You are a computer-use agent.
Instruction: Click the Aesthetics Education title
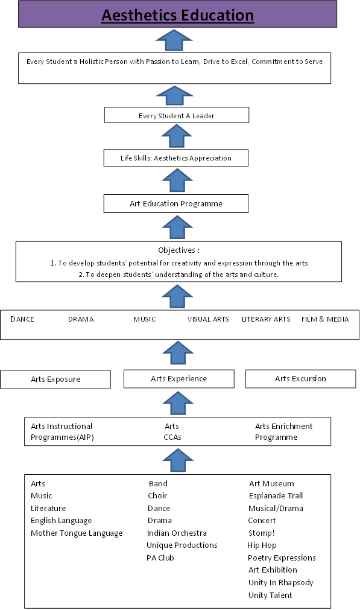tap(178, 16)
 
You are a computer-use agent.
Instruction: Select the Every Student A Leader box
tap(177, 115)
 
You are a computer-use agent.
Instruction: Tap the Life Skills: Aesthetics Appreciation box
tap(175, 158)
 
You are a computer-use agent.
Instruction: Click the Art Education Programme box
tap(175, 203)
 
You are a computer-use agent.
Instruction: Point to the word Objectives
tap(177, 250)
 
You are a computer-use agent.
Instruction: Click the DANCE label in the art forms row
tap(22, 319)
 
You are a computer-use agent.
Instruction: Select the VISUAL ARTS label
tap(208, 319)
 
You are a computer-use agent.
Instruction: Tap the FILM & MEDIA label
tap(325, 319)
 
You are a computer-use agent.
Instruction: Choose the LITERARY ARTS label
tap(266, 319)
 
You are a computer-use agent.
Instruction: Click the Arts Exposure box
tap(55, 380)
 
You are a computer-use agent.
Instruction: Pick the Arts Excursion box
tap(300, 378)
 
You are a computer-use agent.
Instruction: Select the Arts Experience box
tap(179, 378)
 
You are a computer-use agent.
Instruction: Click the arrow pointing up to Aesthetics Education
tap(174, 40)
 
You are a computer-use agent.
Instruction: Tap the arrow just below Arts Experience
tap(178, 403)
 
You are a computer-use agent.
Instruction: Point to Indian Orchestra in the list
tap(177, 533)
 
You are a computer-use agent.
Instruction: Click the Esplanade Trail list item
tap(276, 495)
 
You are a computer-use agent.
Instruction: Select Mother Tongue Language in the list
tap(77, 533)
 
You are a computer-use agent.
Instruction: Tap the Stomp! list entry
tap(261, 533)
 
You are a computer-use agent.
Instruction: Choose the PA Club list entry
tap(160, 558)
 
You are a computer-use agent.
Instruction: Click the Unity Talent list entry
tap(270, 595)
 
